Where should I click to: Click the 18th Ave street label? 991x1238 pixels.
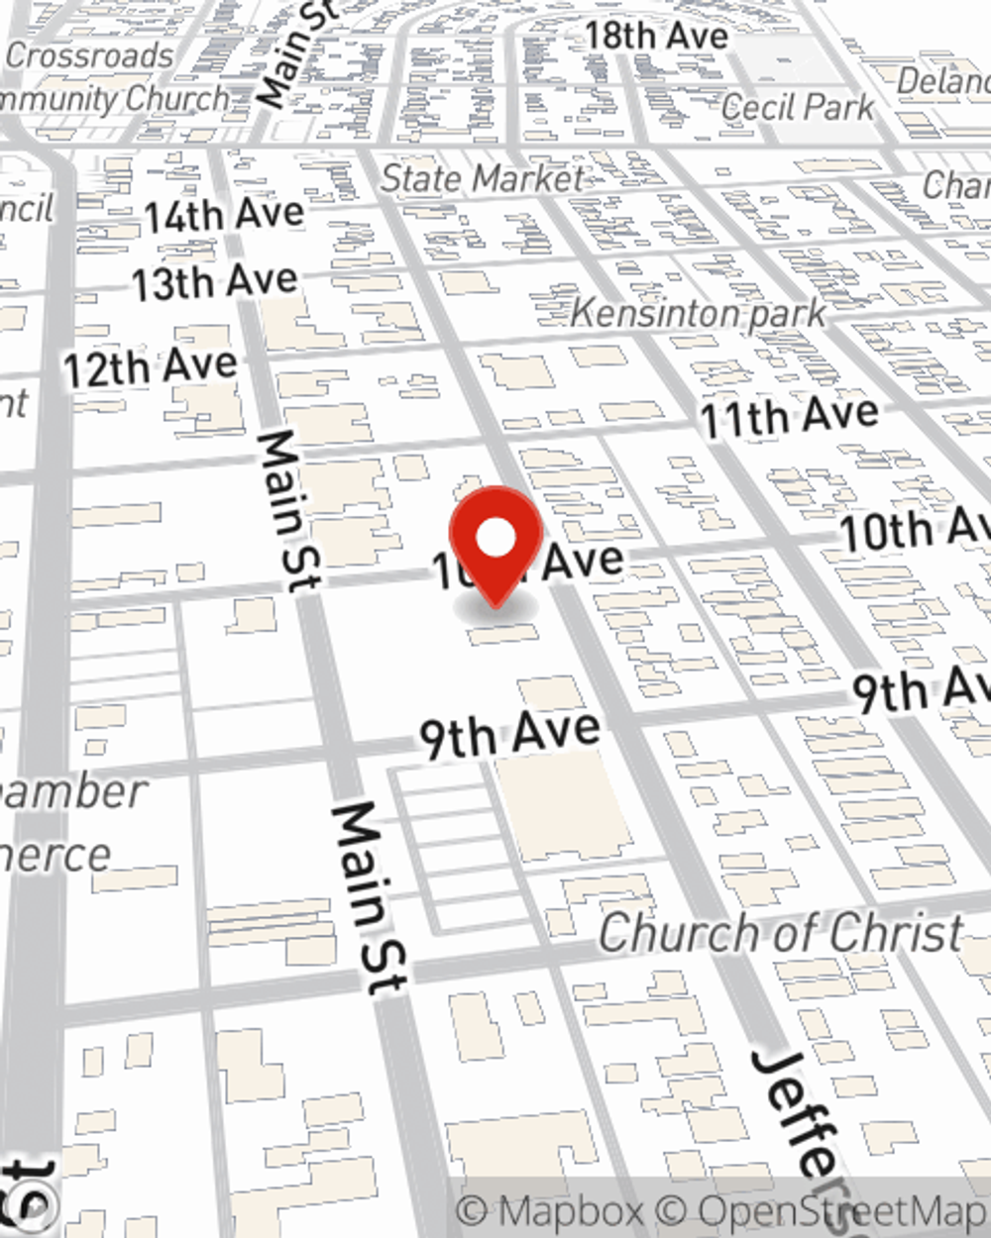click(x=656, y=36)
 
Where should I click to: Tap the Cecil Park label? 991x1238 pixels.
click(x=798, y=107)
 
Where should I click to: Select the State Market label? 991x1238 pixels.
click(x=483, y=178)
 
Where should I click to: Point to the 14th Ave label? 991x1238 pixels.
click(x=224, y=215)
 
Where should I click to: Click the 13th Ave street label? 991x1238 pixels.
click(x=215, y=283)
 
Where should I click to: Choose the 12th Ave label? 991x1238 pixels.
click(x=151, y=368)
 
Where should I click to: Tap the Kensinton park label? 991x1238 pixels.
click(x=699, y=314)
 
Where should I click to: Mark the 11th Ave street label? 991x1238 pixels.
click(x=790, y=416)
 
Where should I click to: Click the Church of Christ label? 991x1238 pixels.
click(x=781, y=933)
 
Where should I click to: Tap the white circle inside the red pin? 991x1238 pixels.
click(x=495, y=539)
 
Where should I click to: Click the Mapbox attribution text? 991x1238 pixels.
click(x=551, y=1211)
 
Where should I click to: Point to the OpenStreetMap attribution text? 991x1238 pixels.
click(x=842, y=1211)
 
